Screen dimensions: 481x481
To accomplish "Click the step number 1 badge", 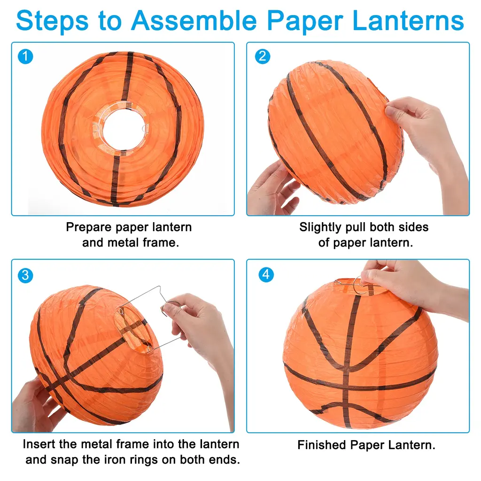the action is pyautogui.click(x=25, y=56).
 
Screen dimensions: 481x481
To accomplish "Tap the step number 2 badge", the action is pyautogui.click(x=263, y=56).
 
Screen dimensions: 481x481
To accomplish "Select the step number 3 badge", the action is pyautogui.click(x=25, y=275).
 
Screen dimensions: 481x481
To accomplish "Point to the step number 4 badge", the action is pyautogui.click(x=266, y=274).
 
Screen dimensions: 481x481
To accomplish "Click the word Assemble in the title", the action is pyautogui.click(x=194, y=21).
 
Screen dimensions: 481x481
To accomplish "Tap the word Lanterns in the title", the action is pyautogui.click(x=408, y=21).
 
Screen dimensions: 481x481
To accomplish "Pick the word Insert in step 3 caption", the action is pyautogui.click(x=39, y=444).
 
